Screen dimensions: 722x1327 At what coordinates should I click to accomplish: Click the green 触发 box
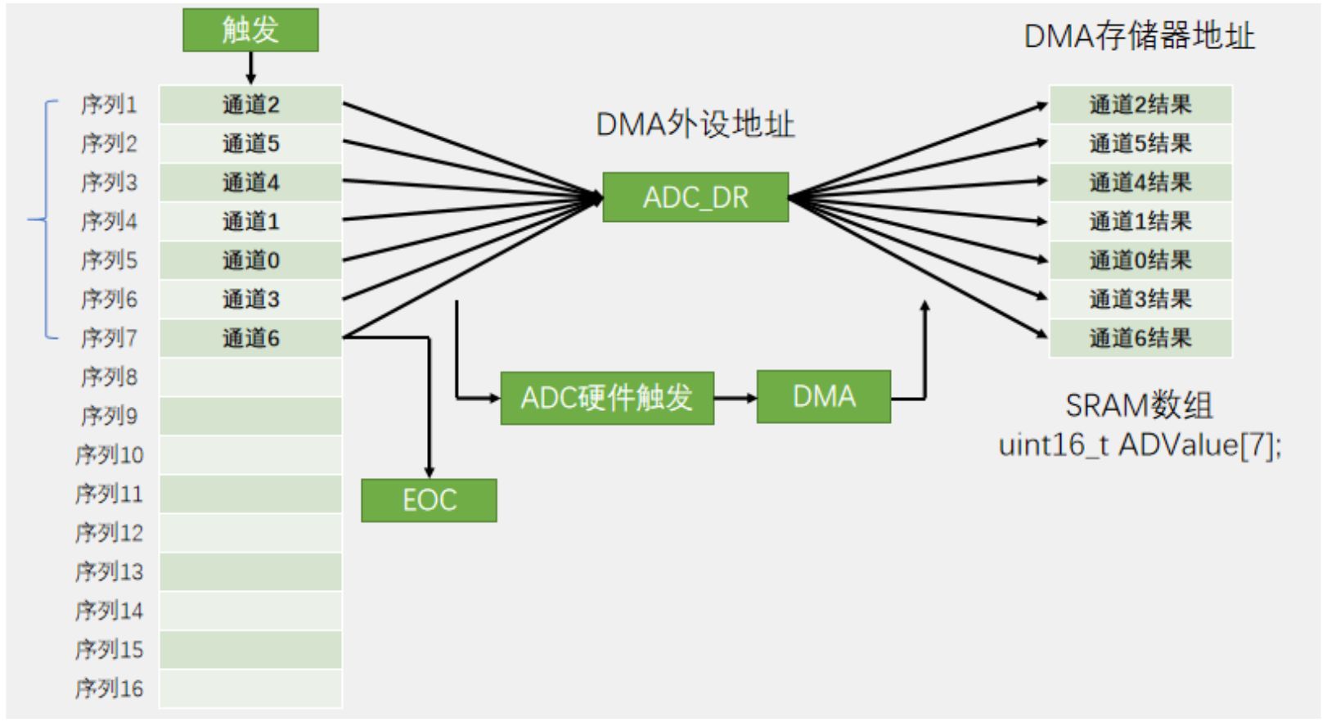[250, 30]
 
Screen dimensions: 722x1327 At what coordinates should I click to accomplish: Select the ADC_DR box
[695, 197]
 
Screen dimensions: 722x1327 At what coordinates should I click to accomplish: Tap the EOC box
[429, 500]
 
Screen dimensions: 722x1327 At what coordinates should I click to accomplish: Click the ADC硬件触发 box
[607, 399]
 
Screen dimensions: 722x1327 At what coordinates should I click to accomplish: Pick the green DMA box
[823, 397]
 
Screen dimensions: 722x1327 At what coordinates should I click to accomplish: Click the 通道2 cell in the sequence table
[250, 105]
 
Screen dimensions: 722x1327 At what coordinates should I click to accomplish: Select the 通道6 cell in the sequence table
[250, 338]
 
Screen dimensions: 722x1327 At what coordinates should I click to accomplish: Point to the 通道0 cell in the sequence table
[250, 260]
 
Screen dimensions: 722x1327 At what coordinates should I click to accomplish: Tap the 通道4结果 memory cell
[1140, 183]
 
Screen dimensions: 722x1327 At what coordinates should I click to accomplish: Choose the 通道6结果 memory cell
[1140, 338]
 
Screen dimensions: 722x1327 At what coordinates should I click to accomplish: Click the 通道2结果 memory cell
[1140, 105]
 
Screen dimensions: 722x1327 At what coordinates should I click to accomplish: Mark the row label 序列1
[109, 105]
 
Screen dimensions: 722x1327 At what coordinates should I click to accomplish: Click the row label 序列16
[109, 688]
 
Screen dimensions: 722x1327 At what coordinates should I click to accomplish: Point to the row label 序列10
[109, 455]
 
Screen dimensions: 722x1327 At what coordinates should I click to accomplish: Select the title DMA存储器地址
[1139, 37]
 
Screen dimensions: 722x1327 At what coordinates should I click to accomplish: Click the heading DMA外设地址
[695, 124]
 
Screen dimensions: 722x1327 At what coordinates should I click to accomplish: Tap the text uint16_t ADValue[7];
[1140, 445]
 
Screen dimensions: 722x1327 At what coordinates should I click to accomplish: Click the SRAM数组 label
[1139, 406]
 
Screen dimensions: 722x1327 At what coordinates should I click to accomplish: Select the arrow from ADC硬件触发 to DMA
[735, 399]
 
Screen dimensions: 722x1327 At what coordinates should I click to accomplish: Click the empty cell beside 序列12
[250, 533]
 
